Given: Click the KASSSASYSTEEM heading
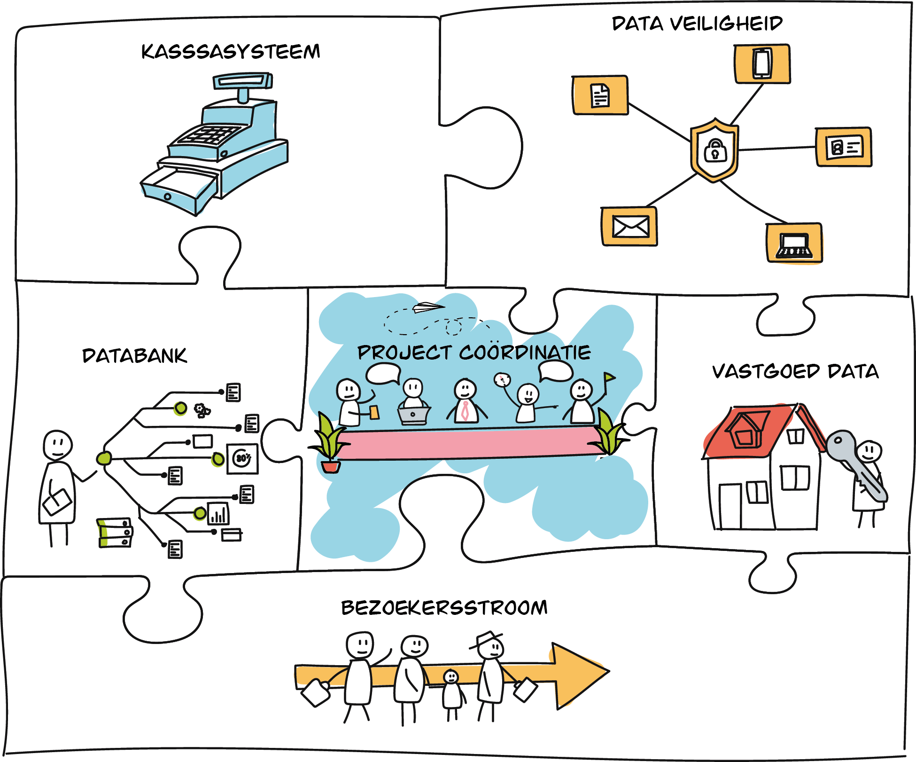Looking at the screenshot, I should (x=231, y=51).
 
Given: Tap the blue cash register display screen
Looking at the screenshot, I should (x=242, y=81).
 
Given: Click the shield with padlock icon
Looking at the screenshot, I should (x=714, y=150).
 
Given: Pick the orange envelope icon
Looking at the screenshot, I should (x=630, y=227).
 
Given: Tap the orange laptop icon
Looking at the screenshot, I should (x=794, y=244).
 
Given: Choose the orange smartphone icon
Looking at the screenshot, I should (x=762, y=63).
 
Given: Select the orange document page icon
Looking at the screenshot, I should (x=600, y=95).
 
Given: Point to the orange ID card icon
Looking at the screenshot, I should (x=844, y=147).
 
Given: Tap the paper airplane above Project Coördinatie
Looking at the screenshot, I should (x=427, y=307).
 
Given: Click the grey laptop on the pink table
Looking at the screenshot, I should (x=413, y=415).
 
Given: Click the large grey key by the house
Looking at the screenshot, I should (x=855, y=465).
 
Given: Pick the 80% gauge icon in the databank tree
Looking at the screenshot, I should (x=242, y=458).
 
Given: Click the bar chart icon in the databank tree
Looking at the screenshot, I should (x=218, y=513).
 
